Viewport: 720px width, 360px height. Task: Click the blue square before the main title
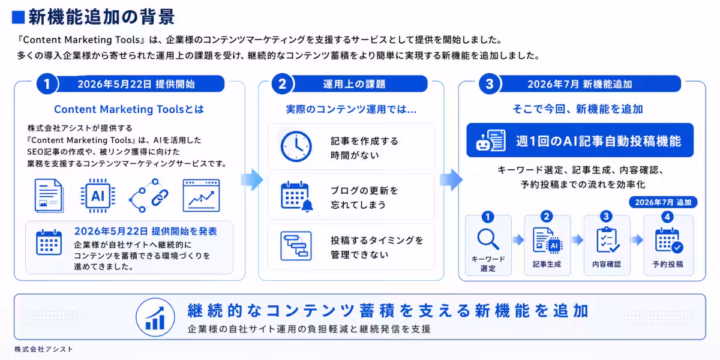19,17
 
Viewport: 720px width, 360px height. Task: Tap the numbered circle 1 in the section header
47,84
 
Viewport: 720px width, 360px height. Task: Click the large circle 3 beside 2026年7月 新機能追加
489,84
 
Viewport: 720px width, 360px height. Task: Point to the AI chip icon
98,196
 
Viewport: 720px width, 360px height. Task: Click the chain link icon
149,196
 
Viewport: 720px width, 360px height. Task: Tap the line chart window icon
201,196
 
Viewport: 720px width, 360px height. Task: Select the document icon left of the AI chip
49,196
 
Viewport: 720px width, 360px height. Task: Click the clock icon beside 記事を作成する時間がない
296,146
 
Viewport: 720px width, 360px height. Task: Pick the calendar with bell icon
296,197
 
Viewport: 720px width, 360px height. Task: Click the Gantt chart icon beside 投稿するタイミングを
296,246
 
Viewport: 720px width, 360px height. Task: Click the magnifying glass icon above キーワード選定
488,239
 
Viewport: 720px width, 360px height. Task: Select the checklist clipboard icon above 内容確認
607,240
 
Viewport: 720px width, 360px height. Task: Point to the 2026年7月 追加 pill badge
663,202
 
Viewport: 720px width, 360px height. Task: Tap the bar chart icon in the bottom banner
155,317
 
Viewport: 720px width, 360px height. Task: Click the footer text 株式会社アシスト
44,349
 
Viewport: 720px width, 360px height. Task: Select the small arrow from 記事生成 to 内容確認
578,240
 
